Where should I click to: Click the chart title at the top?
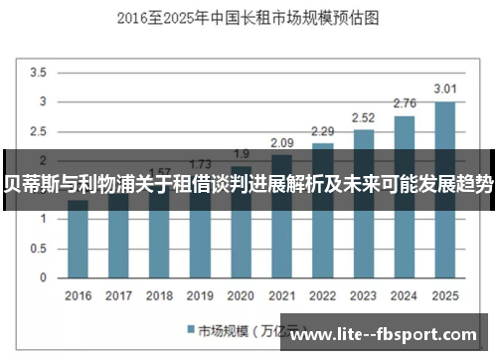248,17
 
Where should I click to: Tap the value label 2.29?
322,131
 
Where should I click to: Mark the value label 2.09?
281,143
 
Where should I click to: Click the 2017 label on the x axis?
118,295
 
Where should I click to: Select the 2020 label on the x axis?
241,295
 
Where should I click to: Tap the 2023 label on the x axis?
363,295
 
